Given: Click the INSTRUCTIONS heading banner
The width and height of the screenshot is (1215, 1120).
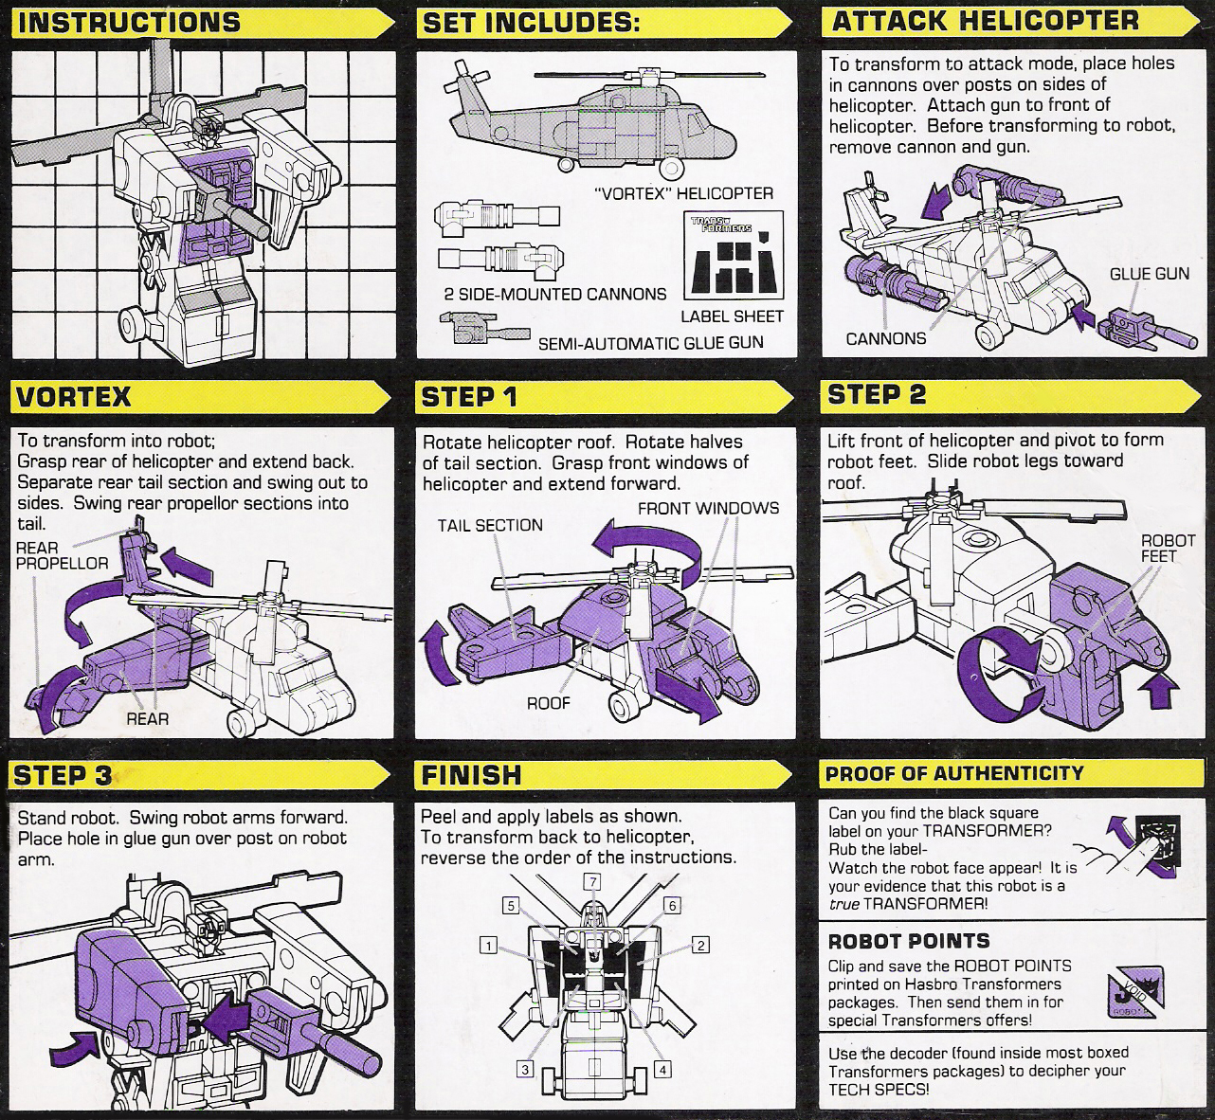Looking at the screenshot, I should (x=130, y=22).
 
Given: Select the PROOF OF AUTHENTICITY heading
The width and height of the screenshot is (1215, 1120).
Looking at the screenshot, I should (x=953, y=772).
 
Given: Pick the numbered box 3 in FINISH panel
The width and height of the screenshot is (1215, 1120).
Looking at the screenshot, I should (x=524, y=1069).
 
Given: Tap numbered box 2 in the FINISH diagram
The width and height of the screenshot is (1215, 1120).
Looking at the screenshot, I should (x=700, y=945).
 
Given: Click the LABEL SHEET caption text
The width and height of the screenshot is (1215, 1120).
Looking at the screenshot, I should (x=732, y=316).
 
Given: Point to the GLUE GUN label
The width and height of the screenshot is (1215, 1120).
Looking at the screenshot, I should (x=1149, y=274).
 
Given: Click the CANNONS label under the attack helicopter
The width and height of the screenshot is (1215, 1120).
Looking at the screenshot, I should (x=885, y=338).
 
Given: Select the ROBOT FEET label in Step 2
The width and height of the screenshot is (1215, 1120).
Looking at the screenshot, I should (x=1158, y=548).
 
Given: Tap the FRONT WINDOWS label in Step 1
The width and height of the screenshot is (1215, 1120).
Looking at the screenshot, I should (x=708, y=508).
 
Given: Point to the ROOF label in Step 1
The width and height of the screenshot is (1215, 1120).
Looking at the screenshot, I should (x=549, y=702).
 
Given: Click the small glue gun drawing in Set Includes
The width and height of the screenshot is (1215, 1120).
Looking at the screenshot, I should (x=480, y=332).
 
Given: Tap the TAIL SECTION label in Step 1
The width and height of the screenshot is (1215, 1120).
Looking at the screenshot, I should (x=490, y=525).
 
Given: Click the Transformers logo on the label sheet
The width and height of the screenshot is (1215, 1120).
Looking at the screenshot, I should (x=720, y=226).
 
